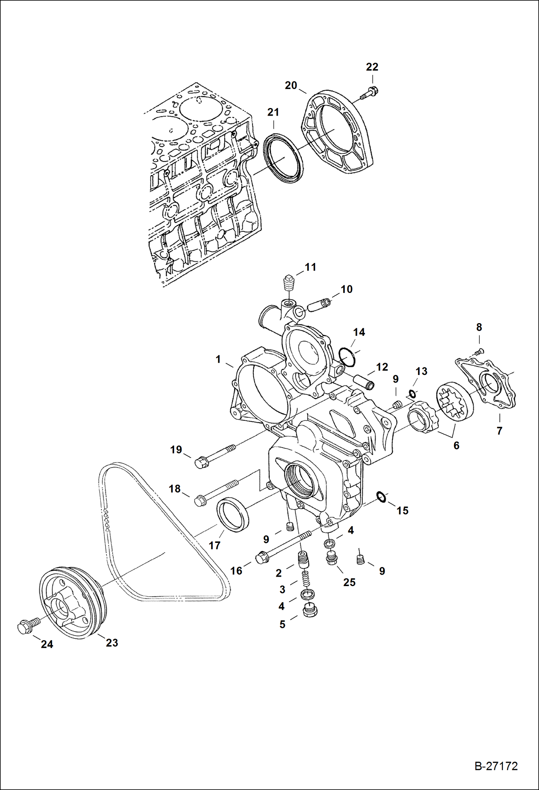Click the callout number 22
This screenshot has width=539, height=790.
[372, 67]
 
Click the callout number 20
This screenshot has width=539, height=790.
[291, 85]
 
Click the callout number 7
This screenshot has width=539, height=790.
[499, 430]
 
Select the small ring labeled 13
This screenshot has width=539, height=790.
[412, 393]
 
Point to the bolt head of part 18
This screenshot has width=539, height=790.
[199, 501]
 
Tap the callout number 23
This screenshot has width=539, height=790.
[112, 642]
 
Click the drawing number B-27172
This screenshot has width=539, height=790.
[496, 766]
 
